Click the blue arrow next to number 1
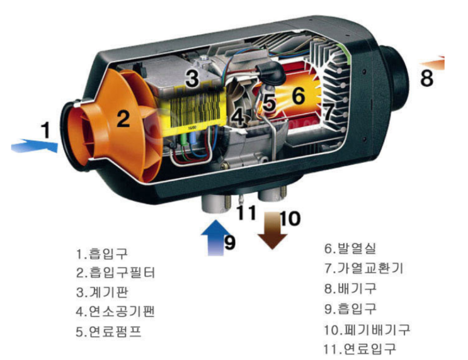pyautogui.click(x=34, y=146)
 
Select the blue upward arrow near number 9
pyautogui.click(x=216, y=238)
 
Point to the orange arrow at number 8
pyautogui.click(x=433, y=63)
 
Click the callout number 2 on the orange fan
pyautogui.click(x=123, y=118)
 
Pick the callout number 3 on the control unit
pyautogui.click(x=192, y=77)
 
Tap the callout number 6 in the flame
pyautogui.click(x=299, y=96)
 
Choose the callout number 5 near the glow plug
pyautogui.click(x=270, y=103)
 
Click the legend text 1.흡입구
pyautogui.click(x=102, y=254)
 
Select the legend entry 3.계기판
pyautogui.click(x=102, y=292)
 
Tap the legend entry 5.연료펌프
pyautogui.click(x=108, y=332)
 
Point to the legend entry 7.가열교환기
pyautogui.click(x=364, y=268)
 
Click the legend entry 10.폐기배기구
pyautogui.click(x=367, y=329)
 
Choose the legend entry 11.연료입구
pyautogui.click(x=360, y=349)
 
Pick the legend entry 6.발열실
pyautogui.click(x=350, y=248)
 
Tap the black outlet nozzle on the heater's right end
pyautogui.click(x=394, y=78)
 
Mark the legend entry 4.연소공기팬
pyautogui.click(x=115, y=312)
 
